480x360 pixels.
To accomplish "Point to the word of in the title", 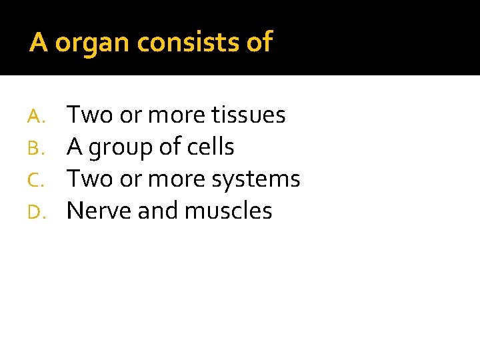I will pyautogui.click(x=259, y=42).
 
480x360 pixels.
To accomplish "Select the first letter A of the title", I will pyautogui.click(x=39, y=42).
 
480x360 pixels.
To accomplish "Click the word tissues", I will pyautogui.click(x=248, y=115).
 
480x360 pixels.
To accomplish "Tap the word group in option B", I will pyautogui.click(x=120, y=148).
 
